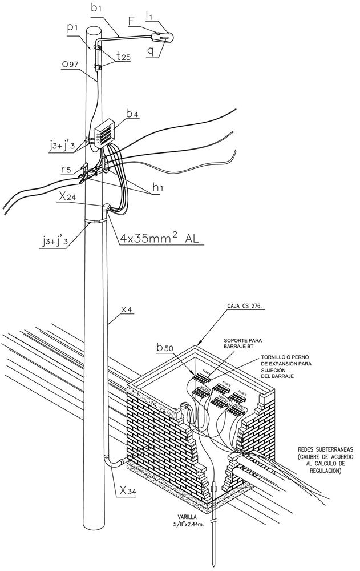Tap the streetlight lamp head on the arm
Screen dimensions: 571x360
click(x=163, y=37)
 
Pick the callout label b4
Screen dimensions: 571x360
click(x=132, y=115)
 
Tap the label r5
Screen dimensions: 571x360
click(x=67, y=170)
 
